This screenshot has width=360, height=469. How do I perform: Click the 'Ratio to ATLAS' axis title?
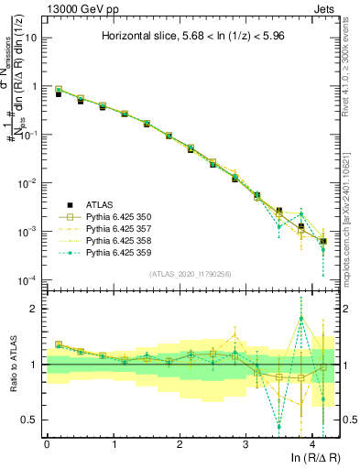point(16,365)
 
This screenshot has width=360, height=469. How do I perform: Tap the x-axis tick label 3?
point(245,444)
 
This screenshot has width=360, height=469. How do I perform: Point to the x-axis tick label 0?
point(47,444)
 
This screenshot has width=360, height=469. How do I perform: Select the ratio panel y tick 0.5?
point(30,420)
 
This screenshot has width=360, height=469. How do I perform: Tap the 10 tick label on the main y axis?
point(30,38)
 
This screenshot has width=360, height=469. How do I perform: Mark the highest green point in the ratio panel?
point(301,319)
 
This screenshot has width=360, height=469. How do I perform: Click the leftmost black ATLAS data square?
point(59,94)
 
